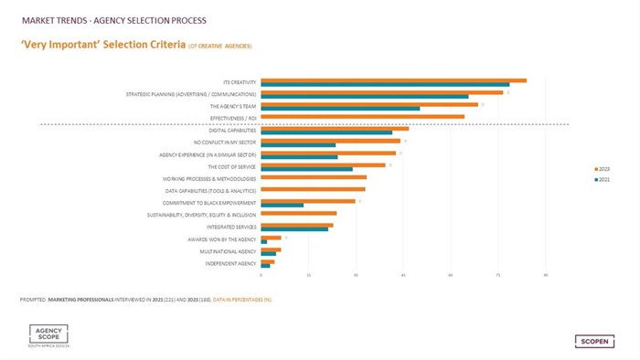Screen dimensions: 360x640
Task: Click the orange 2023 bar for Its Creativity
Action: point(393,80)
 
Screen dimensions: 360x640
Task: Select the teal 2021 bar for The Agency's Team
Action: point(340,108)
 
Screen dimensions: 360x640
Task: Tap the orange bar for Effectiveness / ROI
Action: point(362,116)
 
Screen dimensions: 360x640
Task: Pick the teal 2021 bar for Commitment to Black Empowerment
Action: point(282,205)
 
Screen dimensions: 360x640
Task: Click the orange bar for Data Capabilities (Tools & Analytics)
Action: point(313,189)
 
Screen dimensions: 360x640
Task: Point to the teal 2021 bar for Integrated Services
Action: point(293,228)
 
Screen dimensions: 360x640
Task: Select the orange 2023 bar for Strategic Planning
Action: point(381,92)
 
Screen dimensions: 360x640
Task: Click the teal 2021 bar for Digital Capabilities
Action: point(325,132)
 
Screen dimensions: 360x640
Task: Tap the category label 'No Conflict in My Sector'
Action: point(225,143)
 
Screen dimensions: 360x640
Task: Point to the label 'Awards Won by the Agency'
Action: point(227,238)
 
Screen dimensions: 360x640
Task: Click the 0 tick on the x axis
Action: point(261,275)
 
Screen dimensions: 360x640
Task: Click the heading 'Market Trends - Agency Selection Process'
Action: point(107,19)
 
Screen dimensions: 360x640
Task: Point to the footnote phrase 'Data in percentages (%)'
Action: point(242,299)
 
